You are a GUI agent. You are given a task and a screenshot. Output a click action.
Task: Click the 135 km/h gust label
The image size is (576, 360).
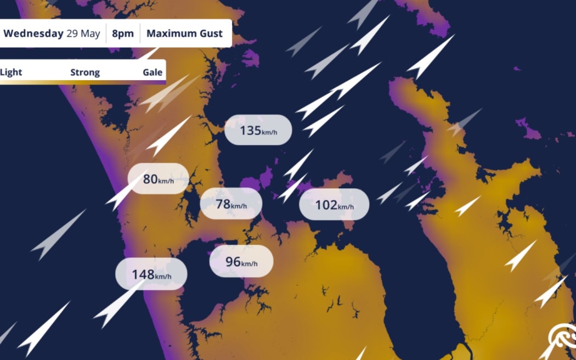point(258,130)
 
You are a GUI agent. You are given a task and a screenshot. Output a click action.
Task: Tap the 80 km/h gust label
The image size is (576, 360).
point(158,179)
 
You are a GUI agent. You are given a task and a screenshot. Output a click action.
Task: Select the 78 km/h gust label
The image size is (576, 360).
point(231,204)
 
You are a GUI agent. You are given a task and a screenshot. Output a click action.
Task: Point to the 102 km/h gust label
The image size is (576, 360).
point(334,205)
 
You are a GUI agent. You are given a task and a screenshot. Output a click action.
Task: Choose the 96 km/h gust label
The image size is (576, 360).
point(241,262)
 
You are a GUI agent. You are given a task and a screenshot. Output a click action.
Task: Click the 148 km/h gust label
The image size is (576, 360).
point(151,274)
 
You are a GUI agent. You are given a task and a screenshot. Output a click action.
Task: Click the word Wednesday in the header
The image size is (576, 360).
point(33,33)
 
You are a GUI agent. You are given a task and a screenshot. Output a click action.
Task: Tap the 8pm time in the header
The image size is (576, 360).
point(123,33)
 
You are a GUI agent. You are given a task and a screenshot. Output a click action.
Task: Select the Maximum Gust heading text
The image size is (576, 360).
point(184,33)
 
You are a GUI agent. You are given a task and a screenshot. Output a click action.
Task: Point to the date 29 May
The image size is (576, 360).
point(83,33)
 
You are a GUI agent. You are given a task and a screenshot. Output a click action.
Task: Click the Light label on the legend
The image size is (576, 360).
point(11,72)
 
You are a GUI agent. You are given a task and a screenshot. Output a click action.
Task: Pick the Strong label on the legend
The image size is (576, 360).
point(85,72)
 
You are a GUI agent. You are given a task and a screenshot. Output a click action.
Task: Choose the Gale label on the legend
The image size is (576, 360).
point(153,72)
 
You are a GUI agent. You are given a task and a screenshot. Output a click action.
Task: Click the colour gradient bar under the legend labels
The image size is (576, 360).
point(82,82)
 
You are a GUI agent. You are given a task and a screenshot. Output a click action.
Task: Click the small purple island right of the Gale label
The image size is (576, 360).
point(250,57)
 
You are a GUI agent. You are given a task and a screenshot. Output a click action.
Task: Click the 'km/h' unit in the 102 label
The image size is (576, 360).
point(346,207)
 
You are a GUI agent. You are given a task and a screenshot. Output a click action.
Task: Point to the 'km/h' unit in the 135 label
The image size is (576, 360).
point(269,132)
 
